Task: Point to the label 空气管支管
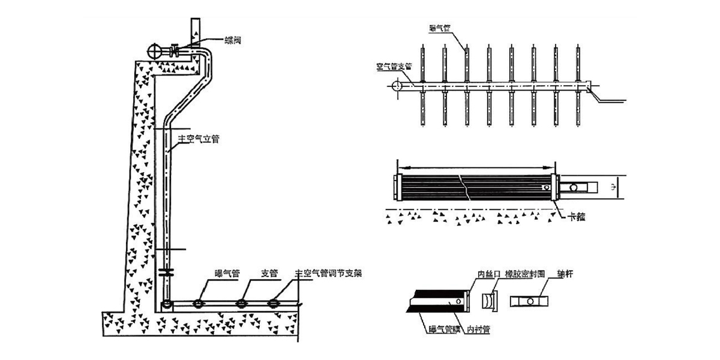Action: click(394, 67)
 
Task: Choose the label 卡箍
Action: click(577, 215)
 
